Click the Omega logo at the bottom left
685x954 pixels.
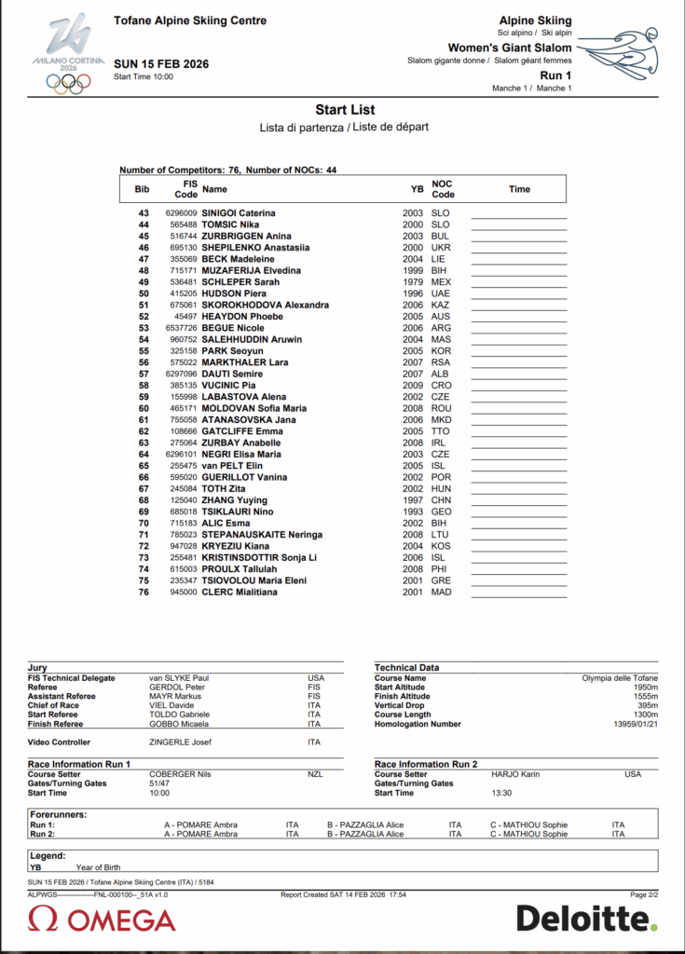(x=102, y=920)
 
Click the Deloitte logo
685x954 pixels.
(x=586, y=919)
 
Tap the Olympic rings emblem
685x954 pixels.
(x=68, y=83)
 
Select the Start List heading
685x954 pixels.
(x=345, y=110)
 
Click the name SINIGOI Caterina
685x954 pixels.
(x=239, y=213)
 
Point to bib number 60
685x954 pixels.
(x=144, y=408)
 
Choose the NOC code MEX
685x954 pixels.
(x=441, y=282)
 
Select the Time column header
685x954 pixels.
(x=519, y=189)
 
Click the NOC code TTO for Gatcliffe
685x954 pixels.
(x=441, y=431)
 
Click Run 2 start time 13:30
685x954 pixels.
(x=502, y=793)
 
